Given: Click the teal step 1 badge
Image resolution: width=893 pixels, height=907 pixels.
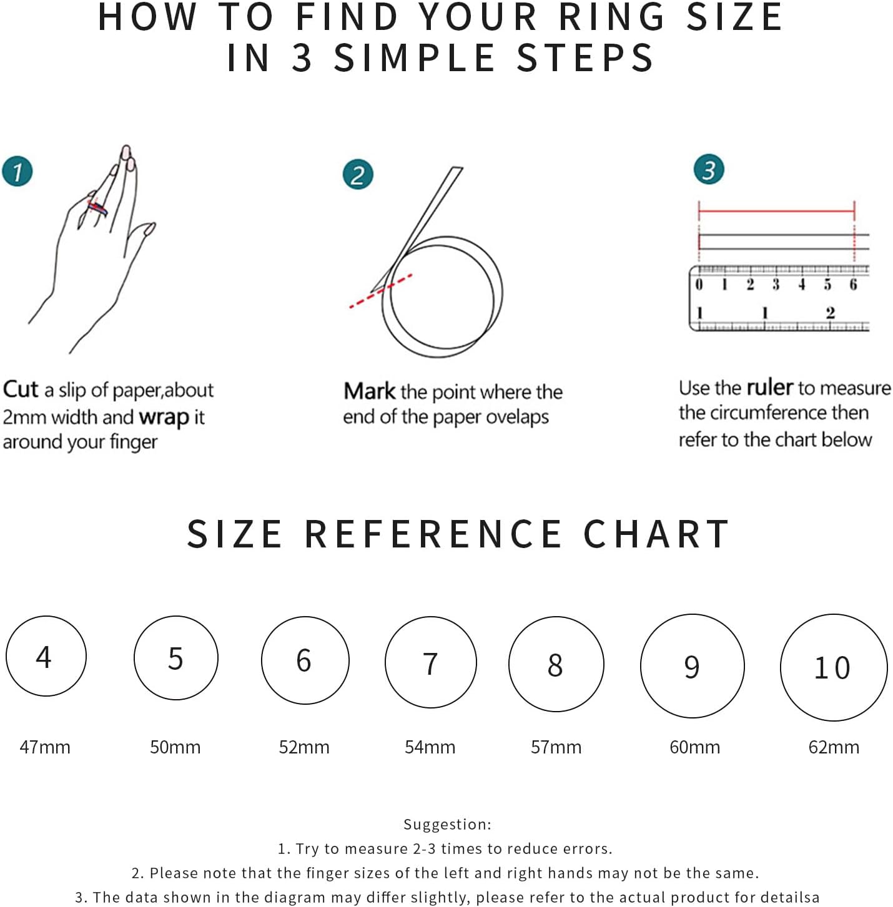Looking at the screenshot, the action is tap(17, 171).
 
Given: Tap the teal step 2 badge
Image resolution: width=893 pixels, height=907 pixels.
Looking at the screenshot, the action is tap(358, 174).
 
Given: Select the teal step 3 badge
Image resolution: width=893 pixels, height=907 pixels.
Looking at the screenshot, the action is tap(709, 169).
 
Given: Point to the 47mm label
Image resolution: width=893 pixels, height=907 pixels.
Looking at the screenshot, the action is tap(45, 747).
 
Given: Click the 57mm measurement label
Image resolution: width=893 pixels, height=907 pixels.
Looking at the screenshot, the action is tap(556, 747).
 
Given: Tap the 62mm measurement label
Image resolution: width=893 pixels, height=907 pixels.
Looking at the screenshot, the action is tap(834, 747).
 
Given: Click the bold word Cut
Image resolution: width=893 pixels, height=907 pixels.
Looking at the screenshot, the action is tap(21, 390).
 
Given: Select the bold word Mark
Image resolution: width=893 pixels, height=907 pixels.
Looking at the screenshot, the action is tap(370, 391).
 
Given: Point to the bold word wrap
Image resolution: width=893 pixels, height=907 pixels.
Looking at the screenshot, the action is tap(164, 418).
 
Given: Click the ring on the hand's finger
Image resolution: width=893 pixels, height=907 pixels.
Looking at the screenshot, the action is tap(97, 207).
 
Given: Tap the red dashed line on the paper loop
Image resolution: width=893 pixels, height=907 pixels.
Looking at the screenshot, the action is tap(380, 291).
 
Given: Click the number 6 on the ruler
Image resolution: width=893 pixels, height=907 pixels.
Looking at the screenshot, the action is tap(853, 284).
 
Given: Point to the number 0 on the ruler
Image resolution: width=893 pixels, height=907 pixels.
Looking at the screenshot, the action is tap(699, 284).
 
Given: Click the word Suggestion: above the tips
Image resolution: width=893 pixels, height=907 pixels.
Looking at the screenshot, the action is tap(447, 824).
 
